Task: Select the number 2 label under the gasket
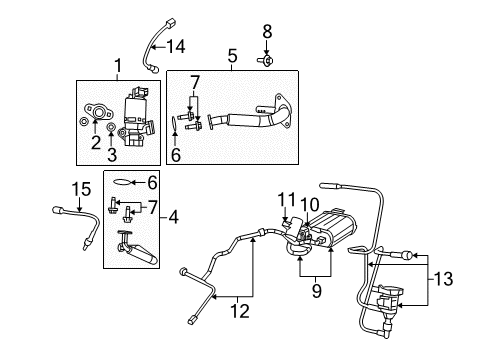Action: (96, 143)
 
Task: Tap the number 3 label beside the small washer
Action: (113, 155)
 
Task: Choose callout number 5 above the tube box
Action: (231, 57)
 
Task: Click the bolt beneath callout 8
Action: (267, 59)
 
